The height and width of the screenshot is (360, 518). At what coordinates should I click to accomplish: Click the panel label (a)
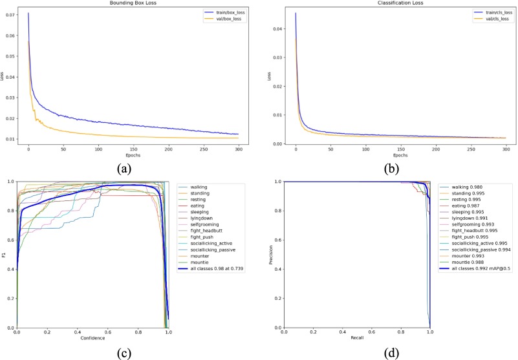pyautogui.click(x=130, y=167)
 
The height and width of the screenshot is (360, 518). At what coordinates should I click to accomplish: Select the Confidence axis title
pyautogui.click(x=92, y=338)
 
